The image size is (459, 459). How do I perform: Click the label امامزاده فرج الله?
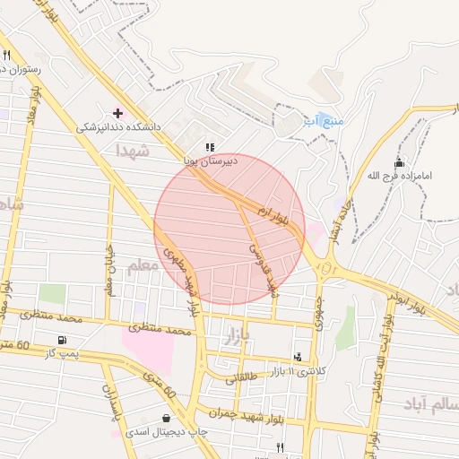(x=400, y=176)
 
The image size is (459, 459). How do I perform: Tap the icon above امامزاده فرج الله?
(x=399, y=162)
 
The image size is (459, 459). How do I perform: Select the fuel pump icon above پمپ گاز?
(x=61, y=340)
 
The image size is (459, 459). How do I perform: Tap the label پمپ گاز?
(x=64, y=354)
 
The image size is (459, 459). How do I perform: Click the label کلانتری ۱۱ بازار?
(x=299, y=371)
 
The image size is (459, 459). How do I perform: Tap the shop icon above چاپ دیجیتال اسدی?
(x=166, y=418)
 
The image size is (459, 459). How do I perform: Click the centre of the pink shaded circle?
(x=229, y=229)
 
